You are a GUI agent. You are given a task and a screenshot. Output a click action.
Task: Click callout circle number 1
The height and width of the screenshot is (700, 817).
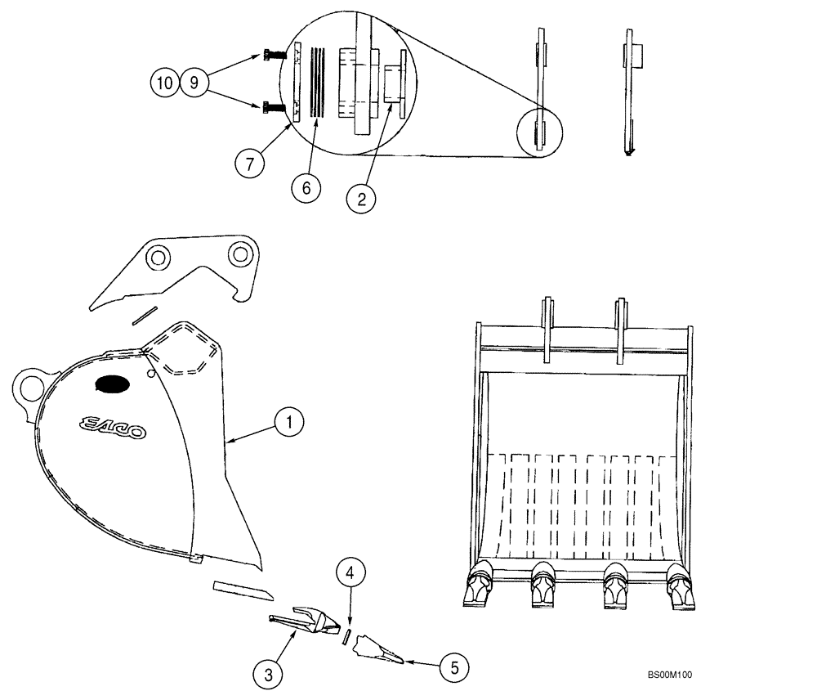point(289,423)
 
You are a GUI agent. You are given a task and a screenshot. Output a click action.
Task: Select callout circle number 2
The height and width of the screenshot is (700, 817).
point(360,198)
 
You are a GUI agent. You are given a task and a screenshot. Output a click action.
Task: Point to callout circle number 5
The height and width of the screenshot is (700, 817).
point(454,666)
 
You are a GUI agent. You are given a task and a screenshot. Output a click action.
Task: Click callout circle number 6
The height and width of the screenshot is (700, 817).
point(306,187)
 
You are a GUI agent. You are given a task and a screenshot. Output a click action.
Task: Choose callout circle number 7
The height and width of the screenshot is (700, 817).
point(251,163)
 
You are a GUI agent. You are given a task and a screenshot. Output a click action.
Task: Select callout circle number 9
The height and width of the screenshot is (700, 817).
point(194,83)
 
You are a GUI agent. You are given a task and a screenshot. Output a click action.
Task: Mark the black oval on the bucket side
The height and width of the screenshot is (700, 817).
point(112,383)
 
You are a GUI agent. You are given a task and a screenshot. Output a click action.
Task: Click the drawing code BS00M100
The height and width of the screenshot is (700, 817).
point(669,675)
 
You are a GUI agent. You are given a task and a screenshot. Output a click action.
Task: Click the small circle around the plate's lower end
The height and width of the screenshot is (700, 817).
point(541,130)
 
